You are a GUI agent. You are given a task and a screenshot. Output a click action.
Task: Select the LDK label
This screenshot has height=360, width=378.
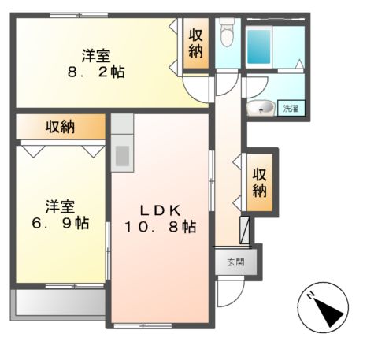tap(162, 210)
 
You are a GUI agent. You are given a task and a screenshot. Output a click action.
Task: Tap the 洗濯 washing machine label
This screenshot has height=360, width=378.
tap(292, 109)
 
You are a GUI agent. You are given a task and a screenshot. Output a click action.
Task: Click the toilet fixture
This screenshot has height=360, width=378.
tap(228, 33)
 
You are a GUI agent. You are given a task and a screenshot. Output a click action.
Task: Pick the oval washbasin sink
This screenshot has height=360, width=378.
tap(261, 108)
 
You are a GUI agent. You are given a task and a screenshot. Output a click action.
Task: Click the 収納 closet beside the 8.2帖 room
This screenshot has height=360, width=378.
tap(195, 44)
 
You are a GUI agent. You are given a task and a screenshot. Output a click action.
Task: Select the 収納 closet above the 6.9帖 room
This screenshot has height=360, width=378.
tap(60, 126)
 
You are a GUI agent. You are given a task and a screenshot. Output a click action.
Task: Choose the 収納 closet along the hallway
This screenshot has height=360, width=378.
tap(260, 182)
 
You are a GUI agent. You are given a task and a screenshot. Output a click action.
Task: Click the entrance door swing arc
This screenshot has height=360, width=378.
tap(229, 295)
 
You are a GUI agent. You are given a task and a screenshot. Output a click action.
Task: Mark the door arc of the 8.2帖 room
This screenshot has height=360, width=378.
tap(195, 88)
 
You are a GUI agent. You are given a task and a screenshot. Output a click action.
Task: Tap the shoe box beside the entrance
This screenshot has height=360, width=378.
tap(246, 228)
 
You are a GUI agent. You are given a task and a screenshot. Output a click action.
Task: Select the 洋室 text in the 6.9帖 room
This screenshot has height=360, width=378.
tap(60, 206)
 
